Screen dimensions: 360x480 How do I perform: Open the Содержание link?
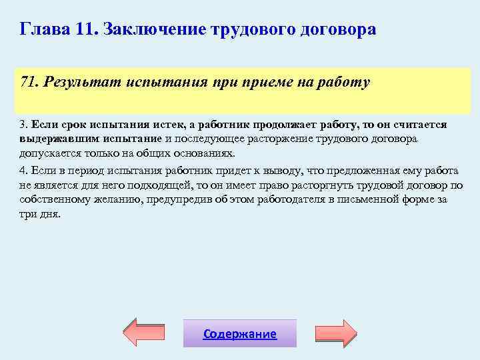(240, 334)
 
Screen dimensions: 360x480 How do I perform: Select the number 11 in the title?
(86, 30)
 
